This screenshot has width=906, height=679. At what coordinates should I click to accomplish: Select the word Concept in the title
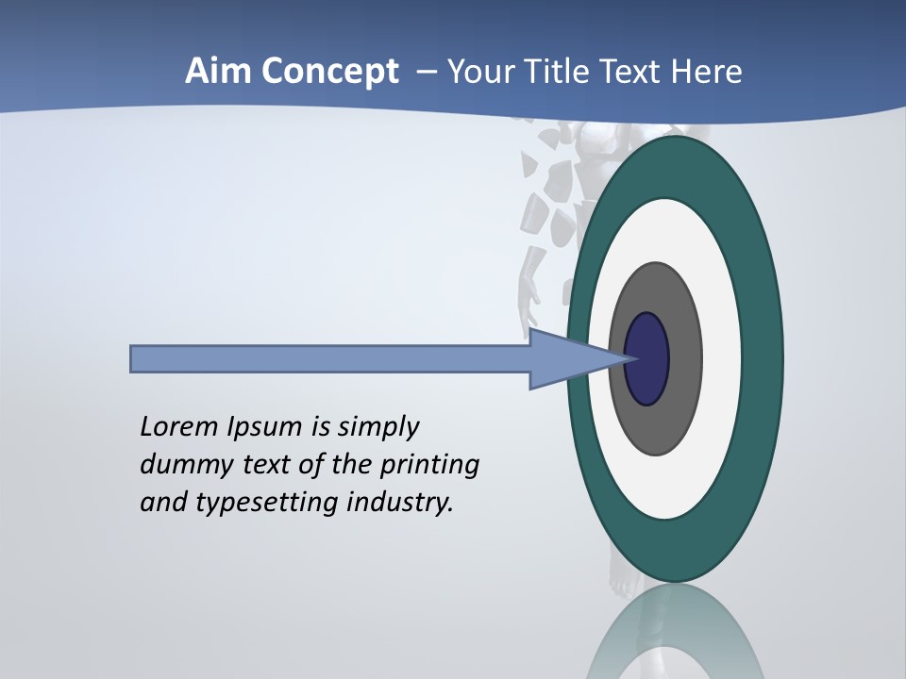click(x=329, y=73)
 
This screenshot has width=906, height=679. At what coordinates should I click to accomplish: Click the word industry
click(x=400, y=502)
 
